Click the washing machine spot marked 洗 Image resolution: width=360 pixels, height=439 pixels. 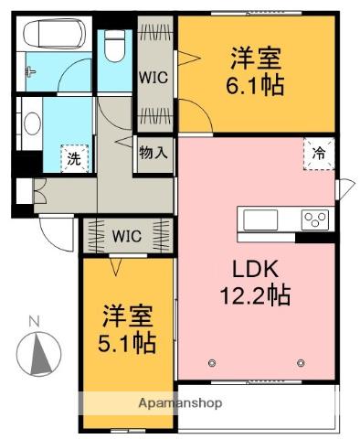[73, 158]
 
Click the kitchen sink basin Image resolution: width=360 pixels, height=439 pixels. [259, 219]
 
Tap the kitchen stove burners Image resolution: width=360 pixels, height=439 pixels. [316, 219]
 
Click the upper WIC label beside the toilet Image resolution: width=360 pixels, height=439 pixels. [152, 77]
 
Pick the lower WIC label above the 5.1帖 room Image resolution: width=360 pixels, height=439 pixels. [126, 236]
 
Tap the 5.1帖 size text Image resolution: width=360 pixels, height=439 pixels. [128, 343]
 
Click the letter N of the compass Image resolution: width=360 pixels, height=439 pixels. [34, 321]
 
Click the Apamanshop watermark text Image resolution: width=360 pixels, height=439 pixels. [180, 402]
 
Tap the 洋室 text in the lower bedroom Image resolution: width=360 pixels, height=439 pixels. [127, 316]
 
